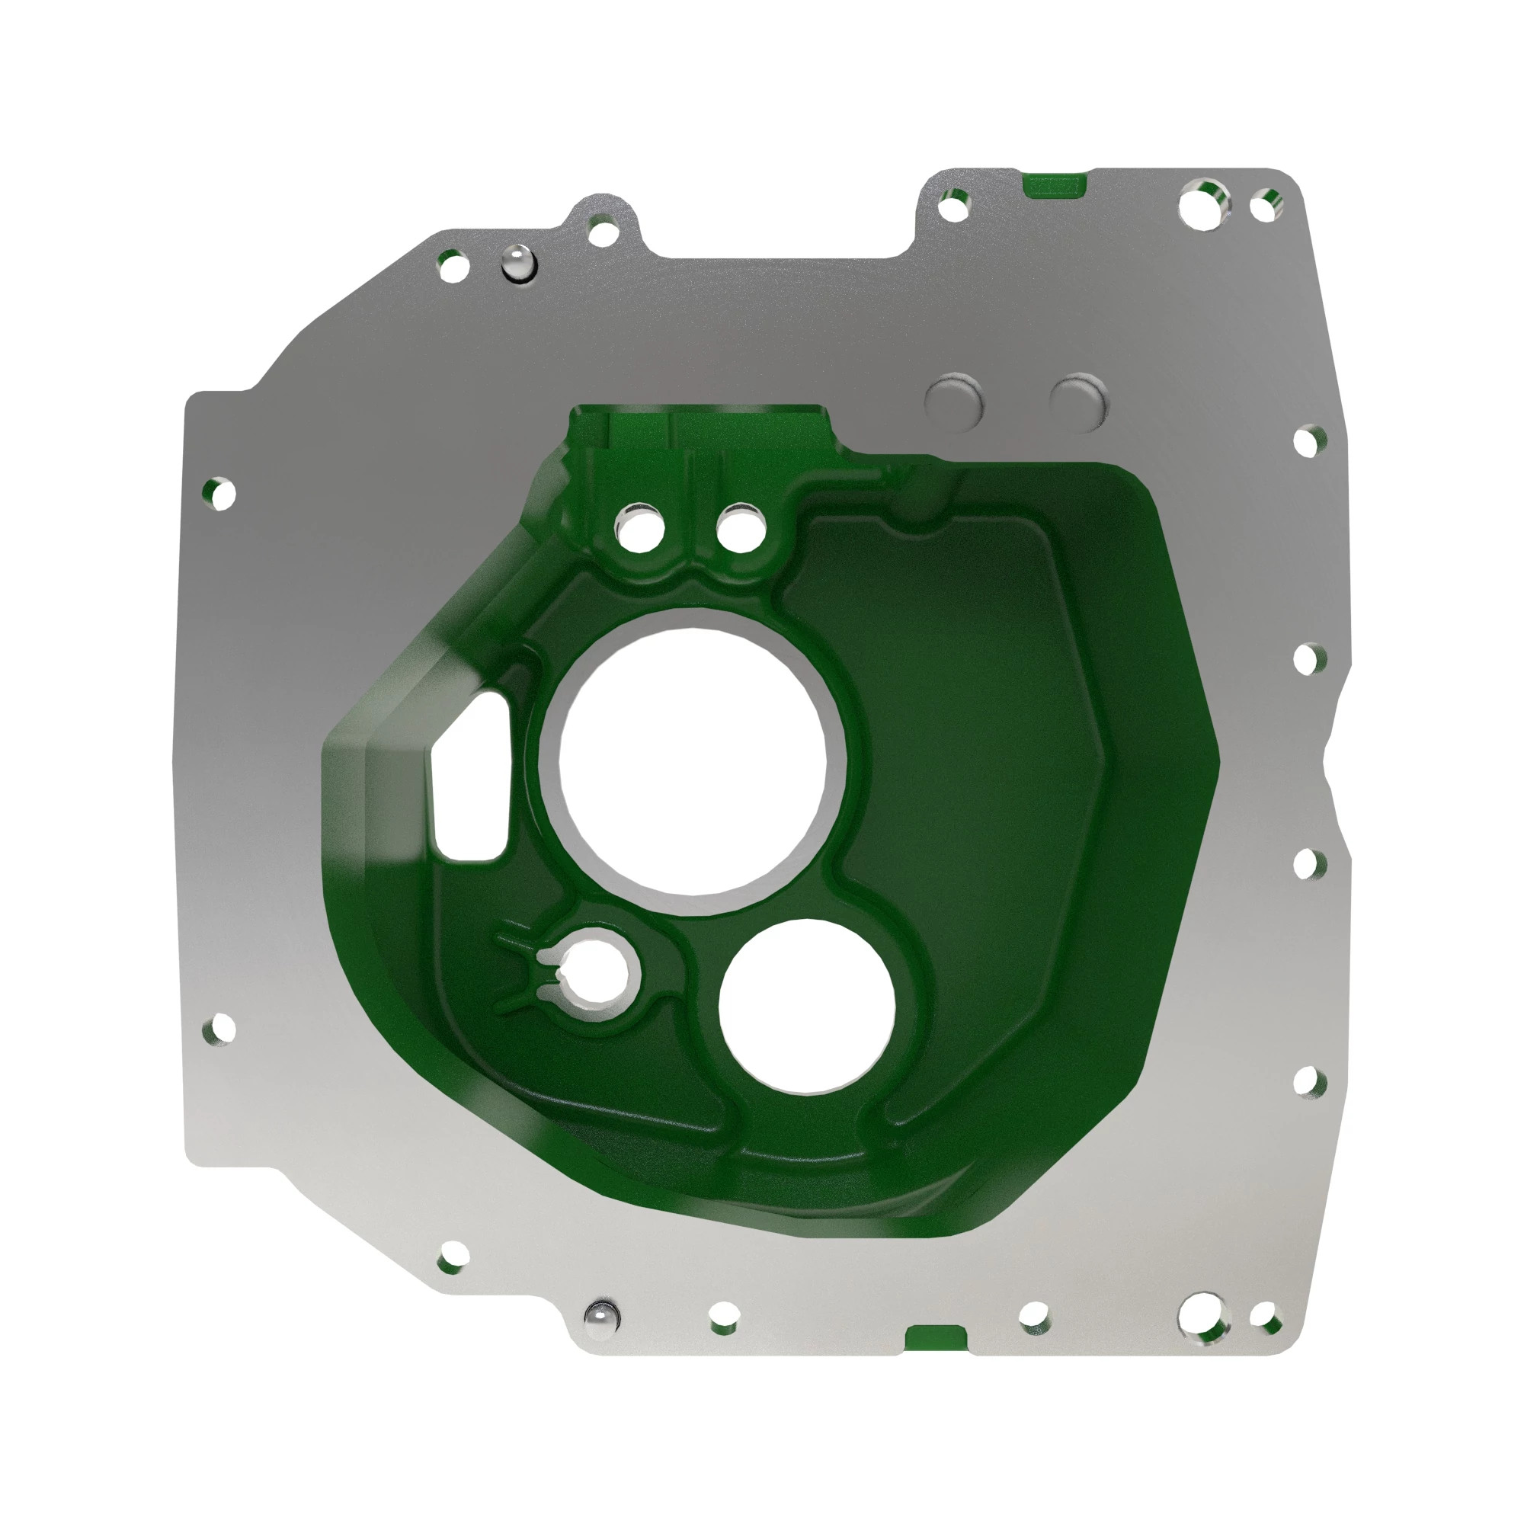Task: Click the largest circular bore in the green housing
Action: point(693,761)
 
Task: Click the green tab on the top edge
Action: point(1053,184)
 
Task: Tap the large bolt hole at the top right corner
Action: point(1205,203)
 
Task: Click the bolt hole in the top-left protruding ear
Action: point(604,232)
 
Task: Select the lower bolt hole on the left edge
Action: point(220,1029)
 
